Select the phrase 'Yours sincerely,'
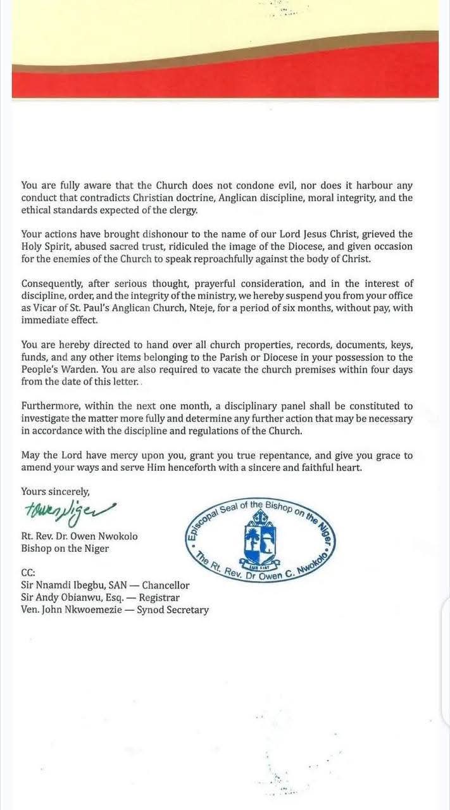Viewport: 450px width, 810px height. tap(56, 490)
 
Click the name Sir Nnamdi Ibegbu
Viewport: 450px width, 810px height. tap(62, 585)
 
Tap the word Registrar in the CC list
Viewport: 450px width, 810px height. tap(159, 597)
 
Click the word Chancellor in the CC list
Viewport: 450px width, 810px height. tap(166, 585)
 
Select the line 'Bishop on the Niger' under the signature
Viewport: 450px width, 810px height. tap(65, 548)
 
